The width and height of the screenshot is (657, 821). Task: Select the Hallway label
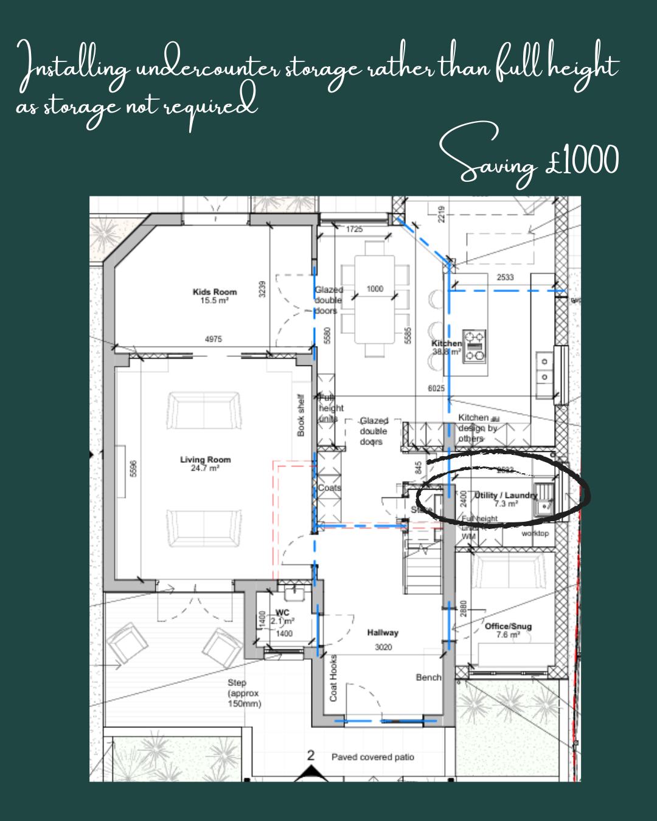point(383,632)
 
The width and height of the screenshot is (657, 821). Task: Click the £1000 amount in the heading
point(583,161)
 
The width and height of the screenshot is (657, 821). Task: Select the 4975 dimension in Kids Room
point(213,339)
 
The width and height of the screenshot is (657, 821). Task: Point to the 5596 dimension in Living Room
point(134,468)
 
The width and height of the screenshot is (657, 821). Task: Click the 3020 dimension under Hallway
point(383,647)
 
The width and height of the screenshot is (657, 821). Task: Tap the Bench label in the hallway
point(428,677)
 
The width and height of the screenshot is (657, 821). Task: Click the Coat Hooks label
point(333,677)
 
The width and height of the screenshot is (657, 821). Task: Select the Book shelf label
point(301,415)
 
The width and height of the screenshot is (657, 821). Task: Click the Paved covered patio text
point(372,757)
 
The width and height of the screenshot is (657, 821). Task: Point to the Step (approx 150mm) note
point(244,693)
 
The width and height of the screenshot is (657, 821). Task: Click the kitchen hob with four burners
point(474,345)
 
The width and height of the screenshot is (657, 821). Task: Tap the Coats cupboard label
point(329,488)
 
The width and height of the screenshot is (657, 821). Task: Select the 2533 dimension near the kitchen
point(505,277)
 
